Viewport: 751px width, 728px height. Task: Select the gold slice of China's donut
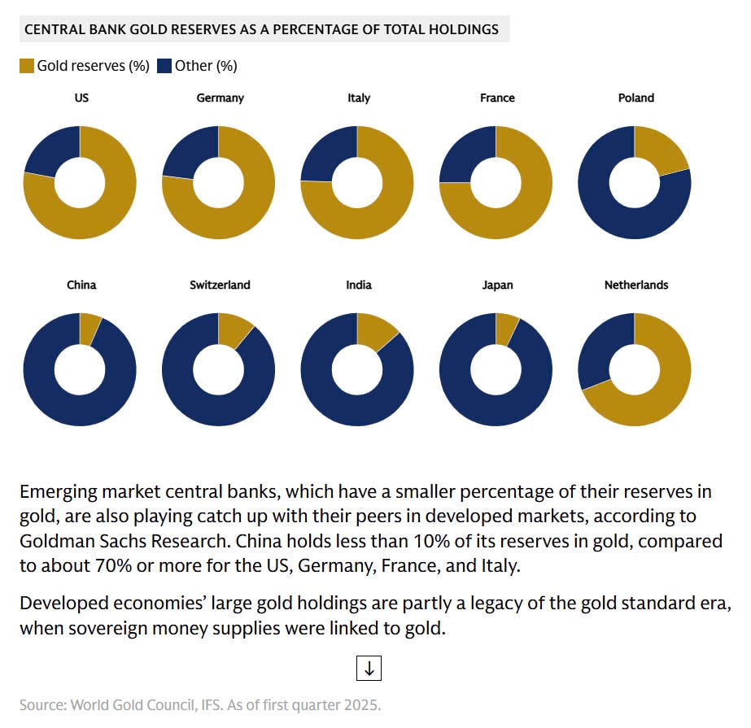click(x=90, y=328)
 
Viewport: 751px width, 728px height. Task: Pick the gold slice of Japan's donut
click(x=505, y=328)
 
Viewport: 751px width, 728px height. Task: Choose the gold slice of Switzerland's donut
click(x=234, y=330)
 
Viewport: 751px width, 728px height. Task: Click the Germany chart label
click(x=220, y=98)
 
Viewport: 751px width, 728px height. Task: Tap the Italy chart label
click(x=358, y=98)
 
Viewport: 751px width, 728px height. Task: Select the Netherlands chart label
click(x=635, y=285)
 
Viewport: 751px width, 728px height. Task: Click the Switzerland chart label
click(x=220, y=285)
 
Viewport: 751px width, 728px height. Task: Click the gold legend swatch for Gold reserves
click(x=27, y=66)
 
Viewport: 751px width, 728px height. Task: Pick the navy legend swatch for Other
click(x=164, y=66)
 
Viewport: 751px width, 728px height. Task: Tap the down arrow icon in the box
click(x=369, y=669)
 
